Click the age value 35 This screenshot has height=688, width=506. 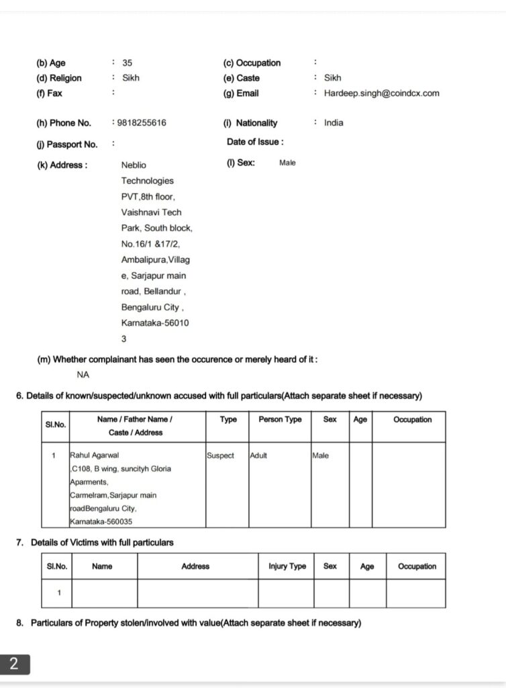point(128,63)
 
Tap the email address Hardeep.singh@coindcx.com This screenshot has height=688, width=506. point(381,93)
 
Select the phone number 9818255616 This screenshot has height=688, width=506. point(142,123)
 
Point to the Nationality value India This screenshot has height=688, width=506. point(334,123)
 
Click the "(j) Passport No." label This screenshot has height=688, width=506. point(67,144)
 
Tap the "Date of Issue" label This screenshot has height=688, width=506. point(255,142)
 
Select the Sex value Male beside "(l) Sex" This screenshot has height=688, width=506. point(287,163)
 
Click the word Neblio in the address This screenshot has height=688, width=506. point(134,165)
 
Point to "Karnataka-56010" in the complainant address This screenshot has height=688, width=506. point(155,323)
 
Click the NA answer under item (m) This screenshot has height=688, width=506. point(83,375)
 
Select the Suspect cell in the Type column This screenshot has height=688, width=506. point(220,456)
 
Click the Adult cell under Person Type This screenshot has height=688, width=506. point(258,456)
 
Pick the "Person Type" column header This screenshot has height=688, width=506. point(280,419)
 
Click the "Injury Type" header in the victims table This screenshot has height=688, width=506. point(287,566)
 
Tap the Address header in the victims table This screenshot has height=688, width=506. point(195,566)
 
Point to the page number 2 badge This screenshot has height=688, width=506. point(15,664)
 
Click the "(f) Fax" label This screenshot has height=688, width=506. point(49,93)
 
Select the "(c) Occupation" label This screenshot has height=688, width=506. point(252,63)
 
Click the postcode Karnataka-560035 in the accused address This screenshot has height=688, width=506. point(100,521)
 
